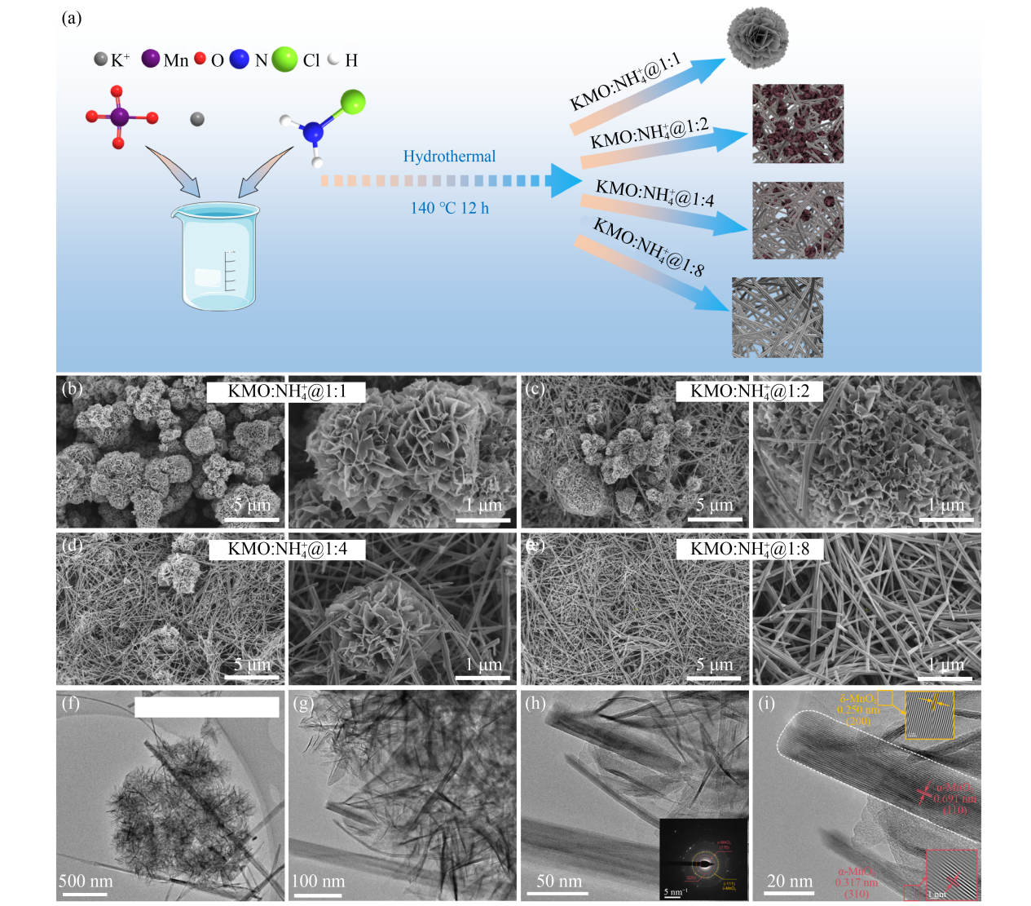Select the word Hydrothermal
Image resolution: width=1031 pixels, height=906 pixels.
pos(449,157)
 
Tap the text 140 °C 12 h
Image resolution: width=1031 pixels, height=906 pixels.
pos(449,208)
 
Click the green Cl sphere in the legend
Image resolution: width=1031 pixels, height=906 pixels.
pos(284,60)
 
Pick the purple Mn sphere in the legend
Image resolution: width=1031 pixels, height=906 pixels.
pos(150,59)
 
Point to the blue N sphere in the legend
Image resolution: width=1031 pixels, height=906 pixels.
pos(239,60)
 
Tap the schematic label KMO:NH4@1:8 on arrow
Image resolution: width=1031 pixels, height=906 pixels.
pos(648,247)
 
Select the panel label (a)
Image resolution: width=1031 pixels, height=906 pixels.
pos(72,18)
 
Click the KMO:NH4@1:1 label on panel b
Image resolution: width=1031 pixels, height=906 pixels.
pos(286,391)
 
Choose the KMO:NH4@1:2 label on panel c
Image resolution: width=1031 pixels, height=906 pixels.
pos(749,391)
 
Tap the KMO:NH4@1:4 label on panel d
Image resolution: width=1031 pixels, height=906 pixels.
pos(287,549)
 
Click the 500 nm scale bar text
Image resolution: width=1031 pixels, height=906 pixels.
pos(86,882)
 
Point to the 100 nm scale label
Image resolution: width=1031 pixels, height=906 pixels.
pos(318,882)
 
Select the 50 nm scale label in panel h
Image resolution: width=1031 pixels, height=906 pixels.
pos(559,882)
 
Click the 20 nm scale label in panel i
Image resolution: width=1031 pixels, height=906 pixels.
pos(790,882)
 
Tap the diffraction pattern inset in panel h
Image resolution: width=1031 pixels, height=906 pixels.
pos(703,859)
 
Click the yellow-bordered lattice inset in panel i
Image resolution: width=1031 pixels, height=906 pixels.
pos(929,715)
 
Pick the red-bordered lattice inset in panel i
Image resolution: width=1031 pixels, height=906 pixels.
pos(951,874)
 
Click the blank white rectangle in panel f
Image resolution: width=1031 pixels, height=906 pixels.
pos(206,707)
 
